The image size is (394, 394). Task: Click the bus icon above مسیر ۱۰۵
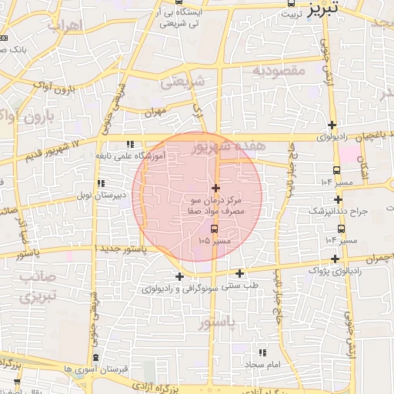click(x=214, y=229)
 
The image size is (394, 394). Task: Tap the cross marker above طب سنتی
click(x=240, y=273)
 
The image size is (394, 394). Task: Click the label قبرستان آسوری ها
click(x=95, y=369)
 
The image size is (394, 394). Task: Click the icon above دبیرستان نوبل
click(x=101, y=184)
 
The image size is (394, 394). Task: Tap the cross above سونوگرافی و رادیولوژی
click(x=179, y=276)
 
